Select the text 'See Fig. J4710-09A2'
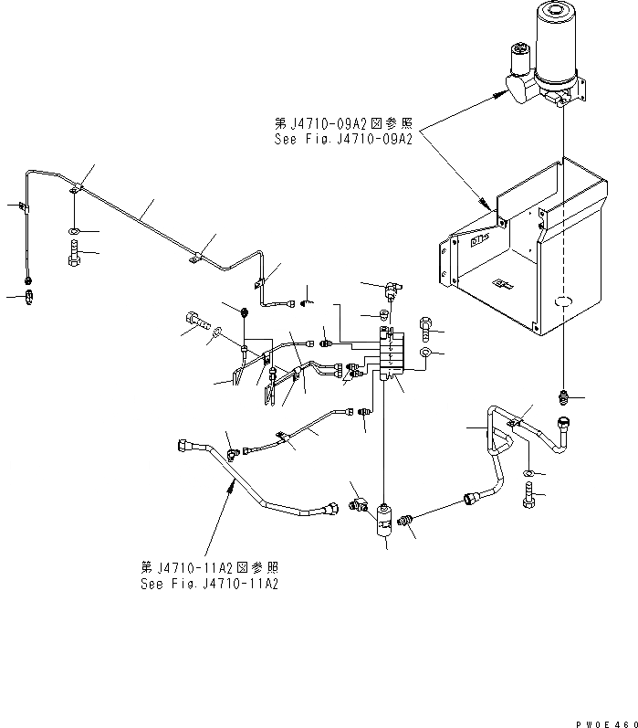click(x=343, y=140)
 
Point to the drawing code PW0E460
click(x=606, y=721)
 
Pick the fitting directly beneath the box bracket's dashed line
click(x=564, y=396)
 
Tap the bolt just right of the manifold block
click(x=427, y=326)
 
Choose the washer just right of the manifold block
click(x=426, y=352)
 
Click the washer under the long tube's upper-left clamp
click(x=74, y=229)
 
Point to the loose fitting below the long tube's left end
click(x=34, y=295)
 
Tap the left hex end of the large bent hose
click(x=182, y=445)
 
